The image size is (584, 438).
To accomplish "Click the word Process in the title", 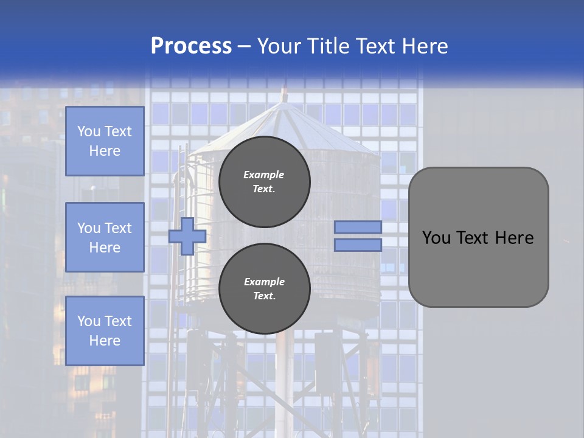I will point(191,46).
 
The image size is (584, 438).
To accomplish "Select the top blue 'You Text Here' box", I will point(105,141).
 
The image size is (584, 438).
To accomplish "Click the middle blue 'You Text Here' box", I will point(105,237).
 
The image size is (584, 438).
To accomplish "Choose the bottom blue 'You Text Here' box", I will point(105,331).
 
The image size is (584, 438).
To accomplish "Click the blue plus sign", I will point(187,236).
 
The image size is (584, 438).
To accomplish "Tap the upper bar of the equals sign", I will point(358,227).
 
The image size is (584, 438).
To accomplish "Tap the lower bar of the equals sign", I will point(358,245).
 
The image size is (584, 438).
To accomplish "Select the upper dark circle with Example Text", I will point(264,181).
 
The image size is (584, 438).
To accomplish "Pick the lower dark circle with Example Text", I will point(264,289).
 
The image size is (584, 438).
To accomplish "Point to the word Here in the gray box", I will point(515,238).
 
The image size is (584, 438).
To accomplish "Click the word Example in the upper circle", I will point(264,175).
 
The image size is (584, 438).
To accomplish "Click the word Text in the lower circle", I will point(264,296).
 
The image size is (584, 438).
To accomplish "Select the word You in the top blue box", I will point(88,131).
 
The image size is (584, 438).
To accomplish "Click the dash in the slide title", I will point(245,46).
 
